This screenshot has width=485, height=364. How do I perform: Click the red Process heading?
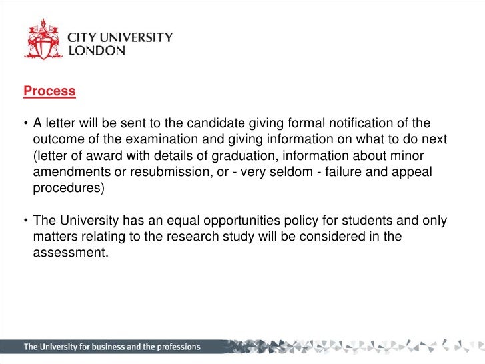point(49,91)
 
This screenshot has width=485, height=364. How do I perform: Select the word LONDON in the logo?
point(97,51)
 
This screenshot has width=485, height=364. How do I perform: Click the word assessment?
point(70,253)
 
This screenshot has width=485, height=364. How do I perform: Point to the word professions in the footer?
point(173,347)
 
